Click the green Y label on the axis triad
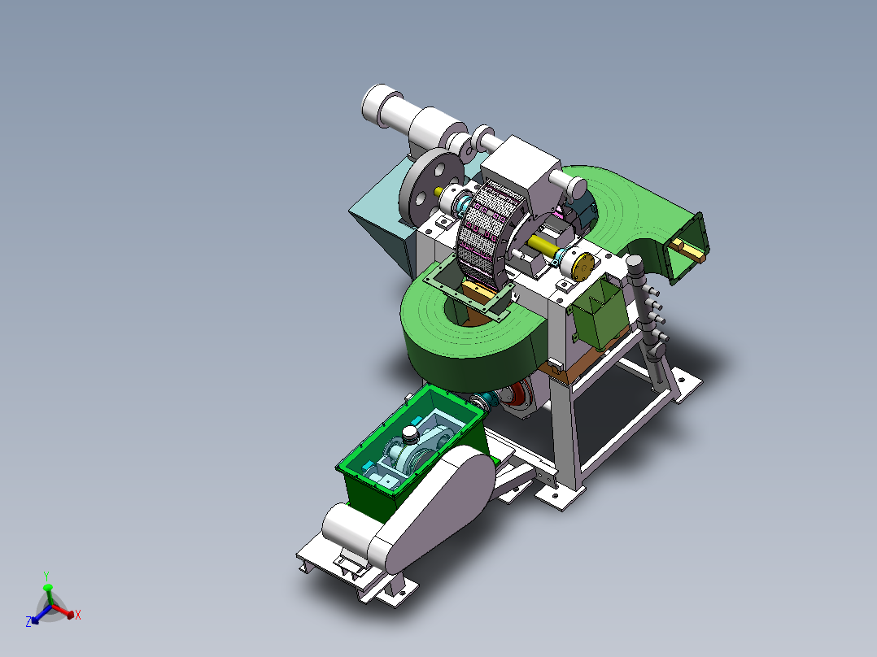click(46, 577)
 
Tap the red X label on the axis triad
click(78, 615)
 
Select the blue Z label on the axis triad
click(28, 622)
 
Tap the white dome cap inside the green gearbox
click(410, 434)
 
